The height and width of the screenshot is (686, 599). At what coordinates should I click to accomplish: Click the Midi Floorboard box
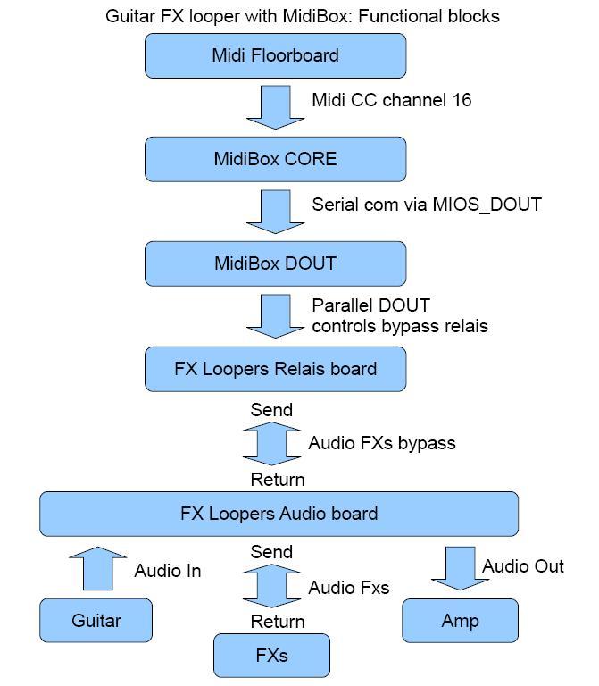pyautogui.click(x=275, y=55)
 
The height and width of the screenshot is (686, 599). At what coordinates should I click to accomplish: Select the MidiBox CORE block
pyautogui.click(x=275, y=159)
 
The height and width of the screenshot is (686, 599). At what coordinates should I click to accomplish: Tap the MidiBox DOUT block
pyautogui.click(x=275, y=264)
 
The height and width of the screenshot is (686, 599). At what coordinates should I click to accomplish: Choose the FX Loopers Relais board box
pyautogui.click(x=275, y=369)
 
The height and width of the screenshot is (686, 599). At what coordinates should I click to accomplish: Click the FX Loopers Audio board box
pyautogui.click(x=279, y=514)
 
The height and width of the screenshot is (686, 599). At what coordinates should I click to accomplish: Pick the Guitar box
pyautogui.click(x=96, y=621)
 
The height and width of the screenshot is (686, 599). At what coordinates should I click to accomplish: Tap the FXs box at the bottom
pyautogui.click(x=271, y=656)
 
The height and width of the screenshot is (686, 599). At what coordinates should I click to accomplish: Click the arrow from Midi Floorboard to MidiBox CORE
pyautogui.click(x=275, y=106)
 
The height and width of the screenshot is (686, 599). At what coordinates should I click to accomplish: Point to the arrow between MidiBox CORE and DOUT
pyautogui.click(x=275, y=210)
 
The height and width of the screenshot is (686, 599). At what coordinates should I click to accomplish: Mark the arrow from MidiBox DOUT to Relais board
pyautogui.click(x=275, y=315)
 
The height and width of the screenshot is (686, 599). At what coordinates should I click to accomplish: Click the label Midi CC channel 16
pyautogui.click(x=391, y=99)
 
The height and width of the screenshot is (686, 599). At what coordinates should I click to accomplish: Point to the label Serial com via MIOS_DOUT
pyautogui.click(x=426, y=204)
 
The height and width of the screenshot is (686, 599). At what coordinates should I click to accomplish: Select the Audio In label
pyautogui.click(x=168, y=571)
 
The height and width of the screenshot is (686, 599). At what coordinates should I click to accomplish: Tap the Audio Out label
pyautogui.click(x=523, y=566)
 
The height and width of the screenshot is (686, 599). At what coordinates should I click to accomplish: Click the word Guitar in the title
pyautogui.click(x=129, y=16)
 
